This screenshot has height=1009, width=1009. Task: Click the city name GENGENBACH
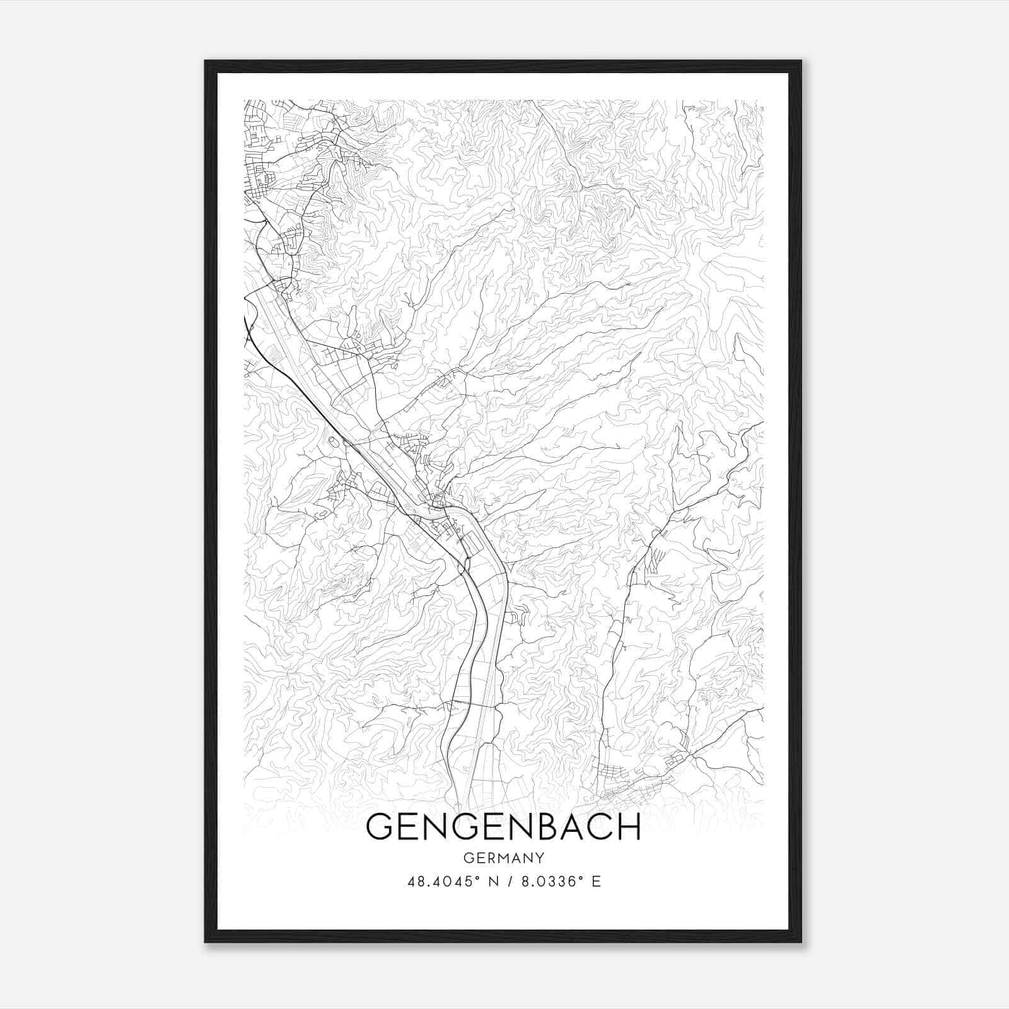pyautogui.click(x=503, y=827)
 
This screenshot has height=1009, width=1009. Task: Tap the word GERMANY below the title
pyautogui.click(x=503, y=858)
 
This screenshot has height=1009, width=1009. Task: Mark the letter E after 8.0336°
pyautogui.click(x=596, y=881)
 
